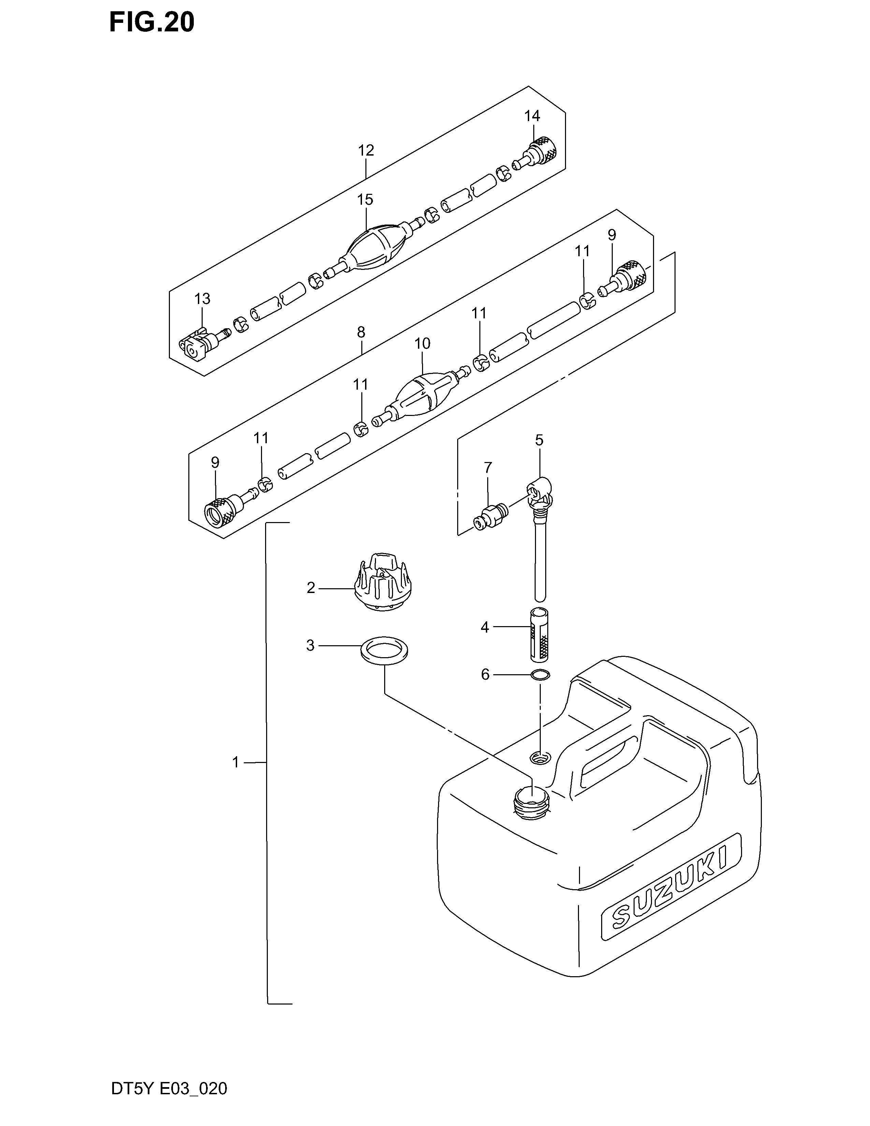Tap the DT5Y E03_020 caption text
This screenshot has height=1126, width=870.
click(169, 1103)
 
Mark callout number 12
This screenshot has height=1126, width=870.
click(366, 150)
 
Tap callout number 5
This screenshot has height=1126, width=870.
click(539, 440)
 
